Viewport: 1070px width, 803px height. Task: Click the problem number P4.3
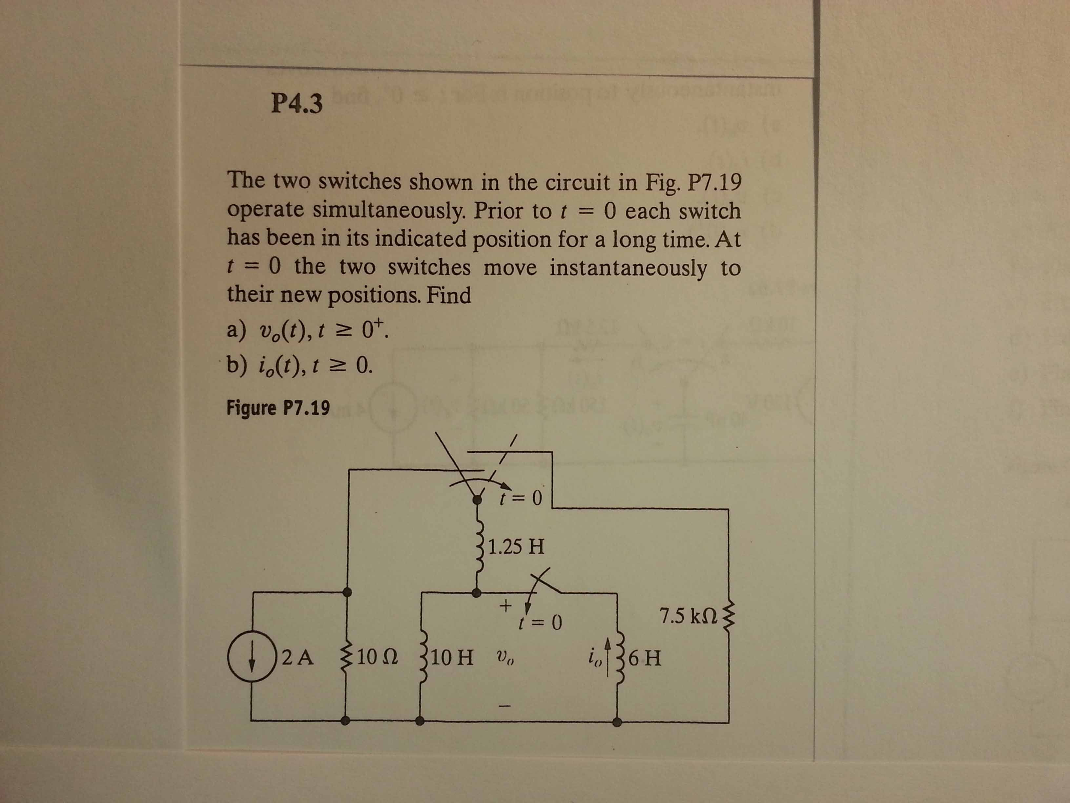click(x=297, y=103)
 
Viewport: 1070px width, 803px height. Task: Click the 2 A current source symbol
click(x=250, y=657)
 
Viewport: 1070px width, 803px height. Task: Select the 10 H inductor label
click(x=451, y=657)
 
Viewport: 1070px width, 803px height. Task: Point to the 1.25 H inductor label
click(x=516, y=547)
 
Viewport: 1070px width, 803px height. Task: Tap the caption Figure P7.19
click(x=278, y=408)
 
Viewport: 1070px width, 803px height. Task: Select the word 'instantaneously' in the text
click(x=628, y=268)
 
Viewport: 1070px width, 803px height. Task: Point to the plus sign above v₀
click(x=505, y=605)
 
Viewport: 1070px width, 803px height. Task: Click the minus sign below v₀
click(x=505, y=706)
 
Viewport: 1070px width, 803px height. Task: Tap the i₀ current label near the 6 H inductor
click(x=594, y=658)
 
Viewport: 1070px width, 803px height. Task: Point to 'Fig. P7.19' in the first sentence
click(x=693, y=182)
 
